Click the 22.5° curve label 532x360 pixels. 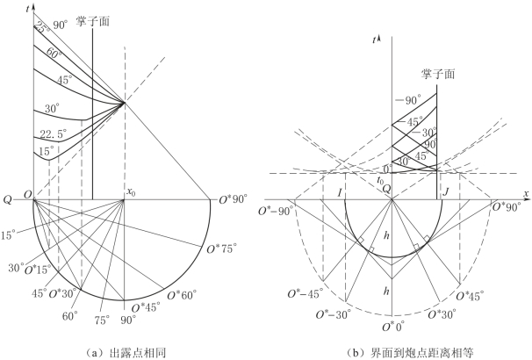[54, 133]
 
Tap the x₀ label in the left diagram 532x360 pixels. [132, 191]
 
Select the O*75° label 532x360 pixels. [220, 249]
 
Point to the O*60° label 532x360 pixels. [182, 295]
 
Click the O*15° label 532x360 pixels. [38, 270]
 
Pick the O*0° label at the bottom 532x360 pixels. [393, 328]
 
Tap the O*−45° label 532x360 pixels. [304, 294]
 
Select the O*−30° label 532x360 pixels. [332, 315]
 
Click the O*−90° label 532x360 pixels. [275, 212]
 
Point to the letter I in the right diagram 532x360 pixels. [340, 193]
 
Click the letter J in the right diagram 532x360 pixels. [446, 192]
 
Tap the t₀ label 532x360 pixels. [380, 181]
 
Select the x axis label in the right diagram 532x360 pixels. [526, 193]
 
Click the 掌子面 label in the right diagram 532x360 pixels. [438, 74]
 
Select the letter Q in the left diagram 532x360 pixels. [8, 200]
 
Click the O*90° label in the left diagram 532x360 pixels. [234, 199]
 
